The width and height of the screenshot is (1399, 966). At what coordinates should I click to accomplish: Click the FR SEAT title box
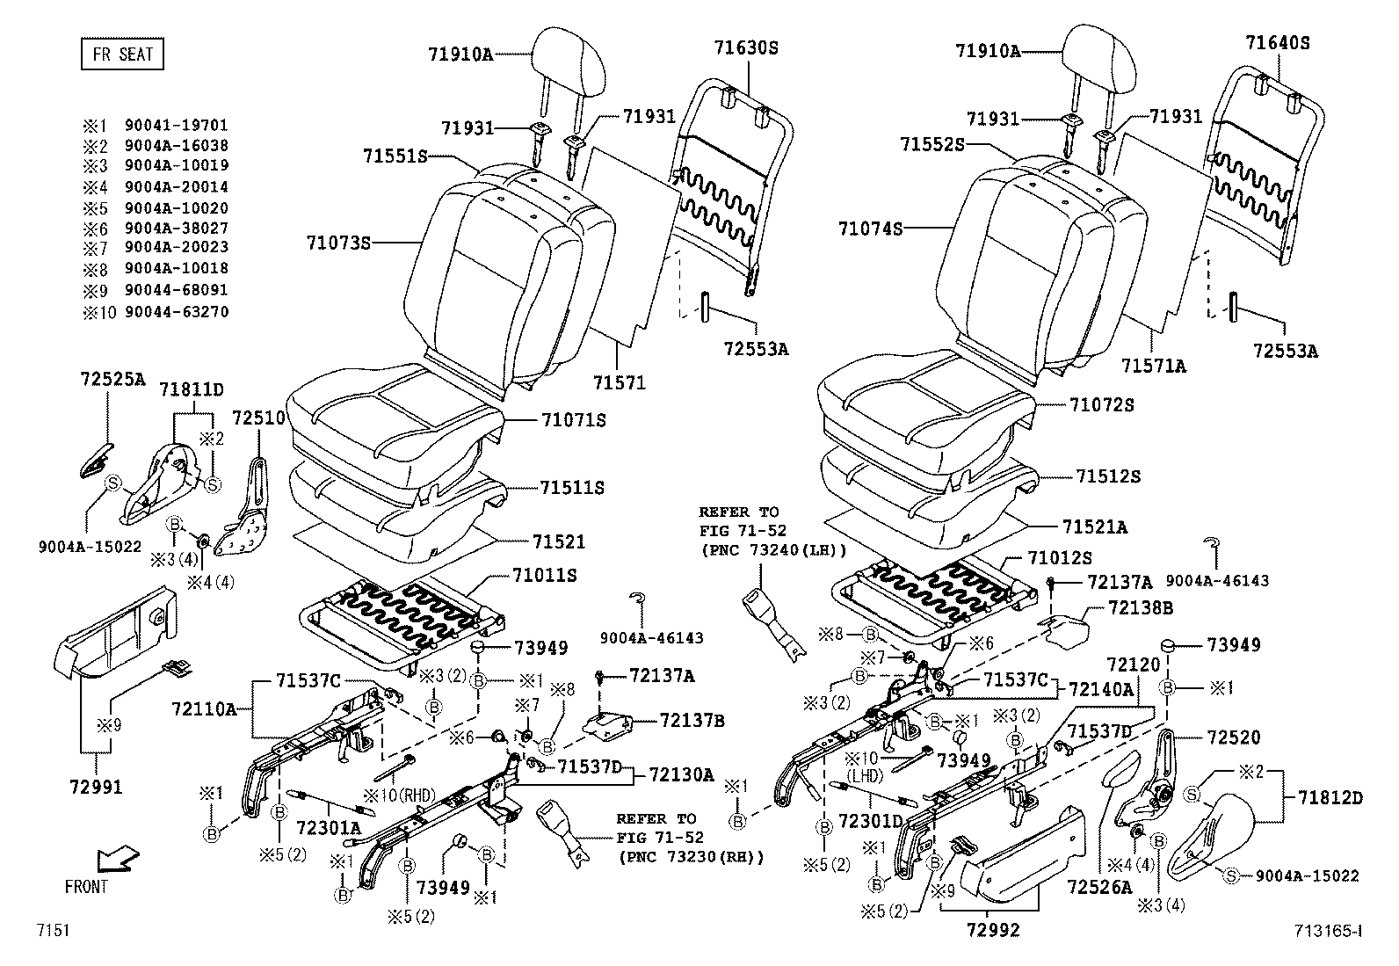pos(122,54)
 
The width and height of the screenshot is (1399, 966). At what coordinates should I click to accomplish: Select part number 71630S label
pos(745,47)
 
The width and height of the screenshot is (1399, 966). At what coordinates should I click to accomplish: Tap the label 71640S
pos(1277,42)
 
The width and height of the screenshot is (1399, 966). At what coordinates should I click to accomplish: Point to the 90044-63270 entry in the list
pos(176,311)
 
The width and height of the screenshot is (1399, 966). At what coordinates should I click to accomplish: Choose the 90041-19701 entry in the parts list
pos(176,126)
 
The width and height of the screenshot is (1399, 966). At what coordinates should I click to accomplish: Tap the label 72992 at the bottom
pos(993,929)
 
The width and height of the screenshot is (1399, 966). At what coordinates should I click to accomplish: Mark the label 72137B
pos(692,721)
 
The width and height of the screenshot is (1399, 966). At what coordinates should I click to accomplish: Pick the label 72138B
pos(1140,607)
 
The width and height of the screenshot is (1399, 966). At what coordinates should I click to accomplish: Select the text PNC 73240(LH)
pos(773,550)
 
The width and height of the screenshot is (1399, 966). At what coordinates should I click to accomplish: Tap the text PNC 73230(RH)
pos(691,856)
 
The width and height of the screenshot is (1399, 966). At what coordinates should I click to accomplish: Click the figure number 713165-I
pos(1328,930)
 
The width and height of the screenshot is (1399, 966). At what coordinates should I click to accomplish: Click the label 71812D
pos(1330,797)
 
